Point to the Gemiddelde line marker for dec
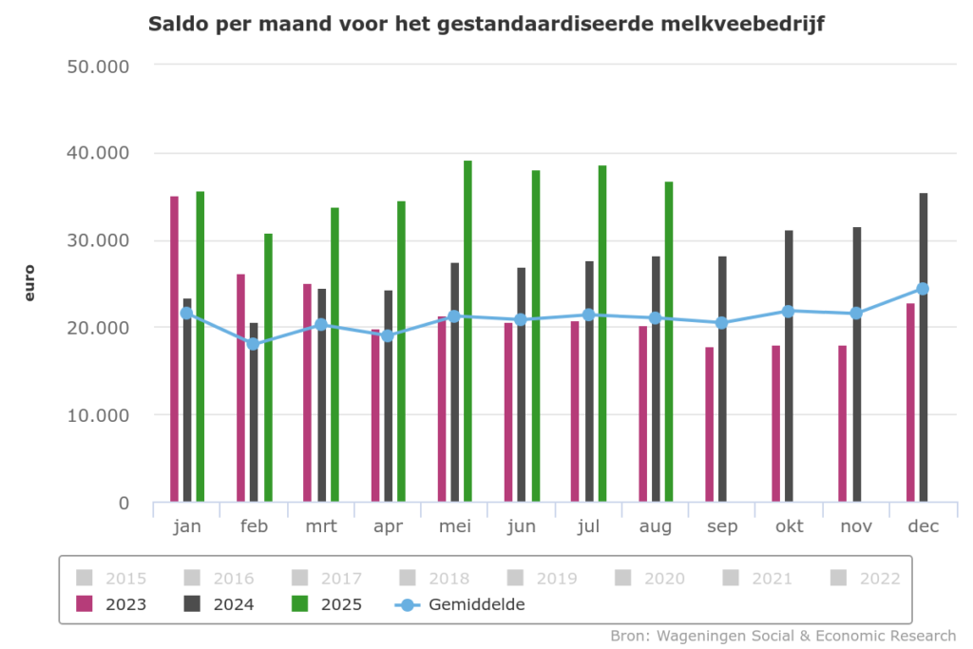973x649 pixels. point(923,289)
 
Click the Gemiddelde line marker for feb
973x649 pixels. point(254,344)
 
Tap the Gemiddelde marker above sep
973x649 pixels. point(721,323)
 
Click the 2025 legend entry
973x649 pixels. point(327,603)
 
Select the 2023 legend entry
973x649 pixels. point(112,603)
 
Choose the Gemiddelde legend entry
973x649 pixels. point(460,603)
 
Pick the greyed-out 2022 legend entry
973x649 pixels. point(865,577)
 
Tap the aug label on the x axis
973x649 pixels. point(655,526)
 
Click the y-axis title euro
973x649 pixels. point(29,283)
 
